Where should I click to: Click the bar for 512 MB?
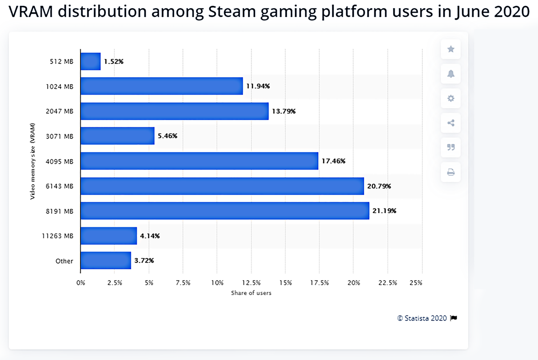pos(91,61)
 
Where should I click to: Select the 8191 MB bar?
pos(225,211)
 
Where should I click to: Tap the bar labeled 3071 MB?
pos(117,136)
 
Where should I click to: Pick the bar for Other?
pos(106,260)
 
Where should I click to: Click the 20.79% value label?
pos(379,186)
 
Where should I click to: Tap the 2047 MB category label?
pos(60,111)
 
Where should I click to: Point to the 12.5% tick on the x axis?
pos(251,283)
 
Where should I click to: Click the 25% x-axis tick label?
pos(416,283)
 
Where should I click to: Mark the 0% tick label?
pos(81,283)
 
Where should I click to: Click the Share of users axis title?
pos(251,293)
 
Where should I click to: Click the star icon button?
pos(451,49)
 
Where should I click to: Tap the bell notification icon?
pos(451,74)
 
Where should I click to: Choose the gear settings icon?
pos(451,98)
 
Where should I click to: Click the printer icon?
pos(451,172)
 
